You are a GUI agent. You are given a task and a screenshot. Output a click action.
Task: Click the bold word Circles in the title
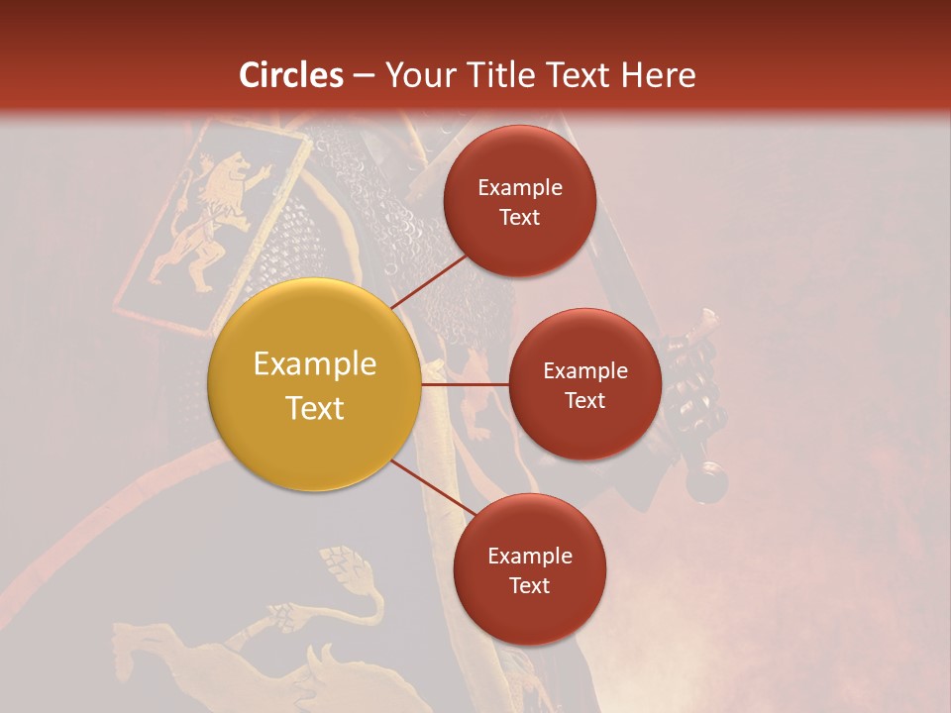(x=291, y=75)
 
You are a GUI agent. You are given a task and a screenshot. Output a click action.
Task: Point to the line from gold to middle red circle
(x=466, y=384)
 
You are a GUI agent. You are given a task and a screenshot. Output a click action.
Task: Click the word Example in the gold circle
(x=314, y=364)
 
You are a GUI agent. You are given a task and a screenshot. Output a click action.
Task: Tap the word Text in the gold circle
(x=314, y=408)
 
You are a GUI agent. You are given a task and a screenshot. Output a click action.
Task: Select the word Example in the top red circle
(x=519, y=187)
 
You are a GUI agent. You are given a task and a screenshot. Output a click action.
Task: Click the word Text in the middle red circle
(x=584, y=400)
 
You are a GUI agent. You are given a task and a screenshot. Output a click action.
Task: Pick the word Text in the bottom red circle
(x=529, y=585)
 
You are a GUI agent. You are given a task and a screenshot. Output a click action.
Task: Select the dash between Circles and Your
(x=364, y=76)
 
